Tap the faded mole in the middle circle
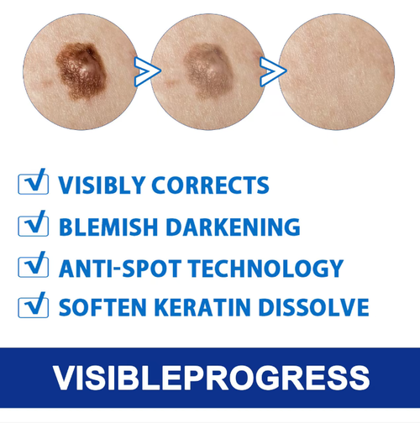pyautogui.click(x=205, y=67)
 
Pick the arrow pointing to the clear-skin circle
pyautogui.click(x=271, y=71)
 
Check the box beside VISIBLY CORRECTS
pyautogui.click(x=32, y=184)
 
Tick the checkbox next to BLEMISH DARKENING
pyautogui.click(x=32, y=226)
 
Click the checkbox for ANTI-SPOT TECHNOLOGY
pyautogui.click(x=32, y=268)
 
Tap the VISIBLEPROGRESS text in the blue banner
pyautogui.click(x=210, y=377)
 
